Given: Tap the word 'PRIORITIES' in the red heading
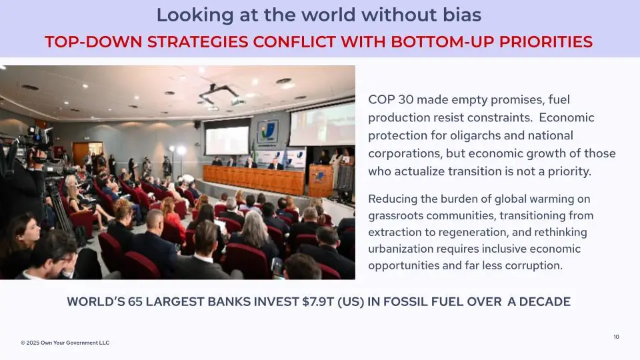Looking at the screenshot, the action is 546,41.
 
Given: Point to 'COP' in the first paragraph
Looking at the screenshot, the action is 381,99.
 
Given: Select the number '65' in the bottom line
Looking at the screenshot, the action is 135,301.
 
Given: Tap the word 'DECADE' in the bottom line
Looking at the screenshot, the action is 545,301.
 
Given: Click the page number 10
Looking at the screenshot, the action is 616,337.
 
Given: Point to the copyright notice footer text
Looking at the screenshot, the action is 65,343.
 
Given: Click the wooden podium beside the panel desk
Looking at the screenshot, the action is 321,180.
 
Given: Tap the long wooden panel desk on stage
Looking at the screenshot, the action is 253,179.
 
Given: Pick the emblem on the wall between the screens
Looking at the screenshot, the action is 268,131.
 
